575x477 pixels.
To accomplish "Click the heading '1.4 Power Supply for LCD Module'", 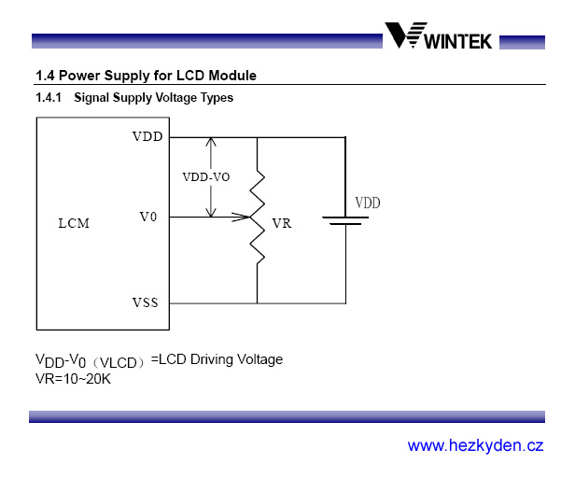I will pyautogui.click(x=145, y=76).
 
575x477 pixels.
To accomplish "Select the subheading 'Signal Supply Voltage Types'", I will pyautogui.click(x=153, y=97).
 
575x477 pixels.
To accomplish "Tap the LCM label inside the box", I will pyautogui.click(x=74, y=223).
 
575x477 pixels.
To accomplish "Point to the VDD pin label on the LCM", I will pyautogui.click(x=147, y=136).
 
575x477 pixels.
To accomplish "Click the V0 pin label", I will pyautogui.click(x=147, y=217).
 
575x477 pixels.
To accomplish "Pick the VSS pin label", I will pyautogui.click(x=146, y=302).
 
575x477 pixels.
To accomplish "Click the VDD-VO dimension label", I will pyautogui.click(x=205, y=176).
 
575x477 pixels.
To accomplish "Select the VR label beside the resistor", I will pyautogui.click(x=281, y=224).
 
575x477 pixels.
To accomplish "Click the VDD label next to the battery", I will pyautogui.click(x=367, y=203).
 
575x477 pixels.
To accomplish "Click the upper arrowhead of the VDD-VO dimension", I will pyautogui.click(x=212, y=142).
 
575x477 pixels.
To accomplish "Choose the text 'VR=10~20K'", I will pyautogui.click(x=73, y=378).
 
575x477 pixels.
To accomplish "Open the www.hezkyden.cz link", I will pyautogui.click(x=475, y=445).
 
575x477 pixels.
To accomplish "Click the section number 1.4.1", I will pyautogui.click(x=49, y=97).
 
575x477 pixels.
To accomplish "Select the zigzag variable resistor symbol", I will pyautogui.click(x=257, y=217).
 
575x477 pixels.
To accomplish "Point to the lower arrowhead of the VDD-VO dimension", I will pyautogui.click(x=212, y=212).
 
